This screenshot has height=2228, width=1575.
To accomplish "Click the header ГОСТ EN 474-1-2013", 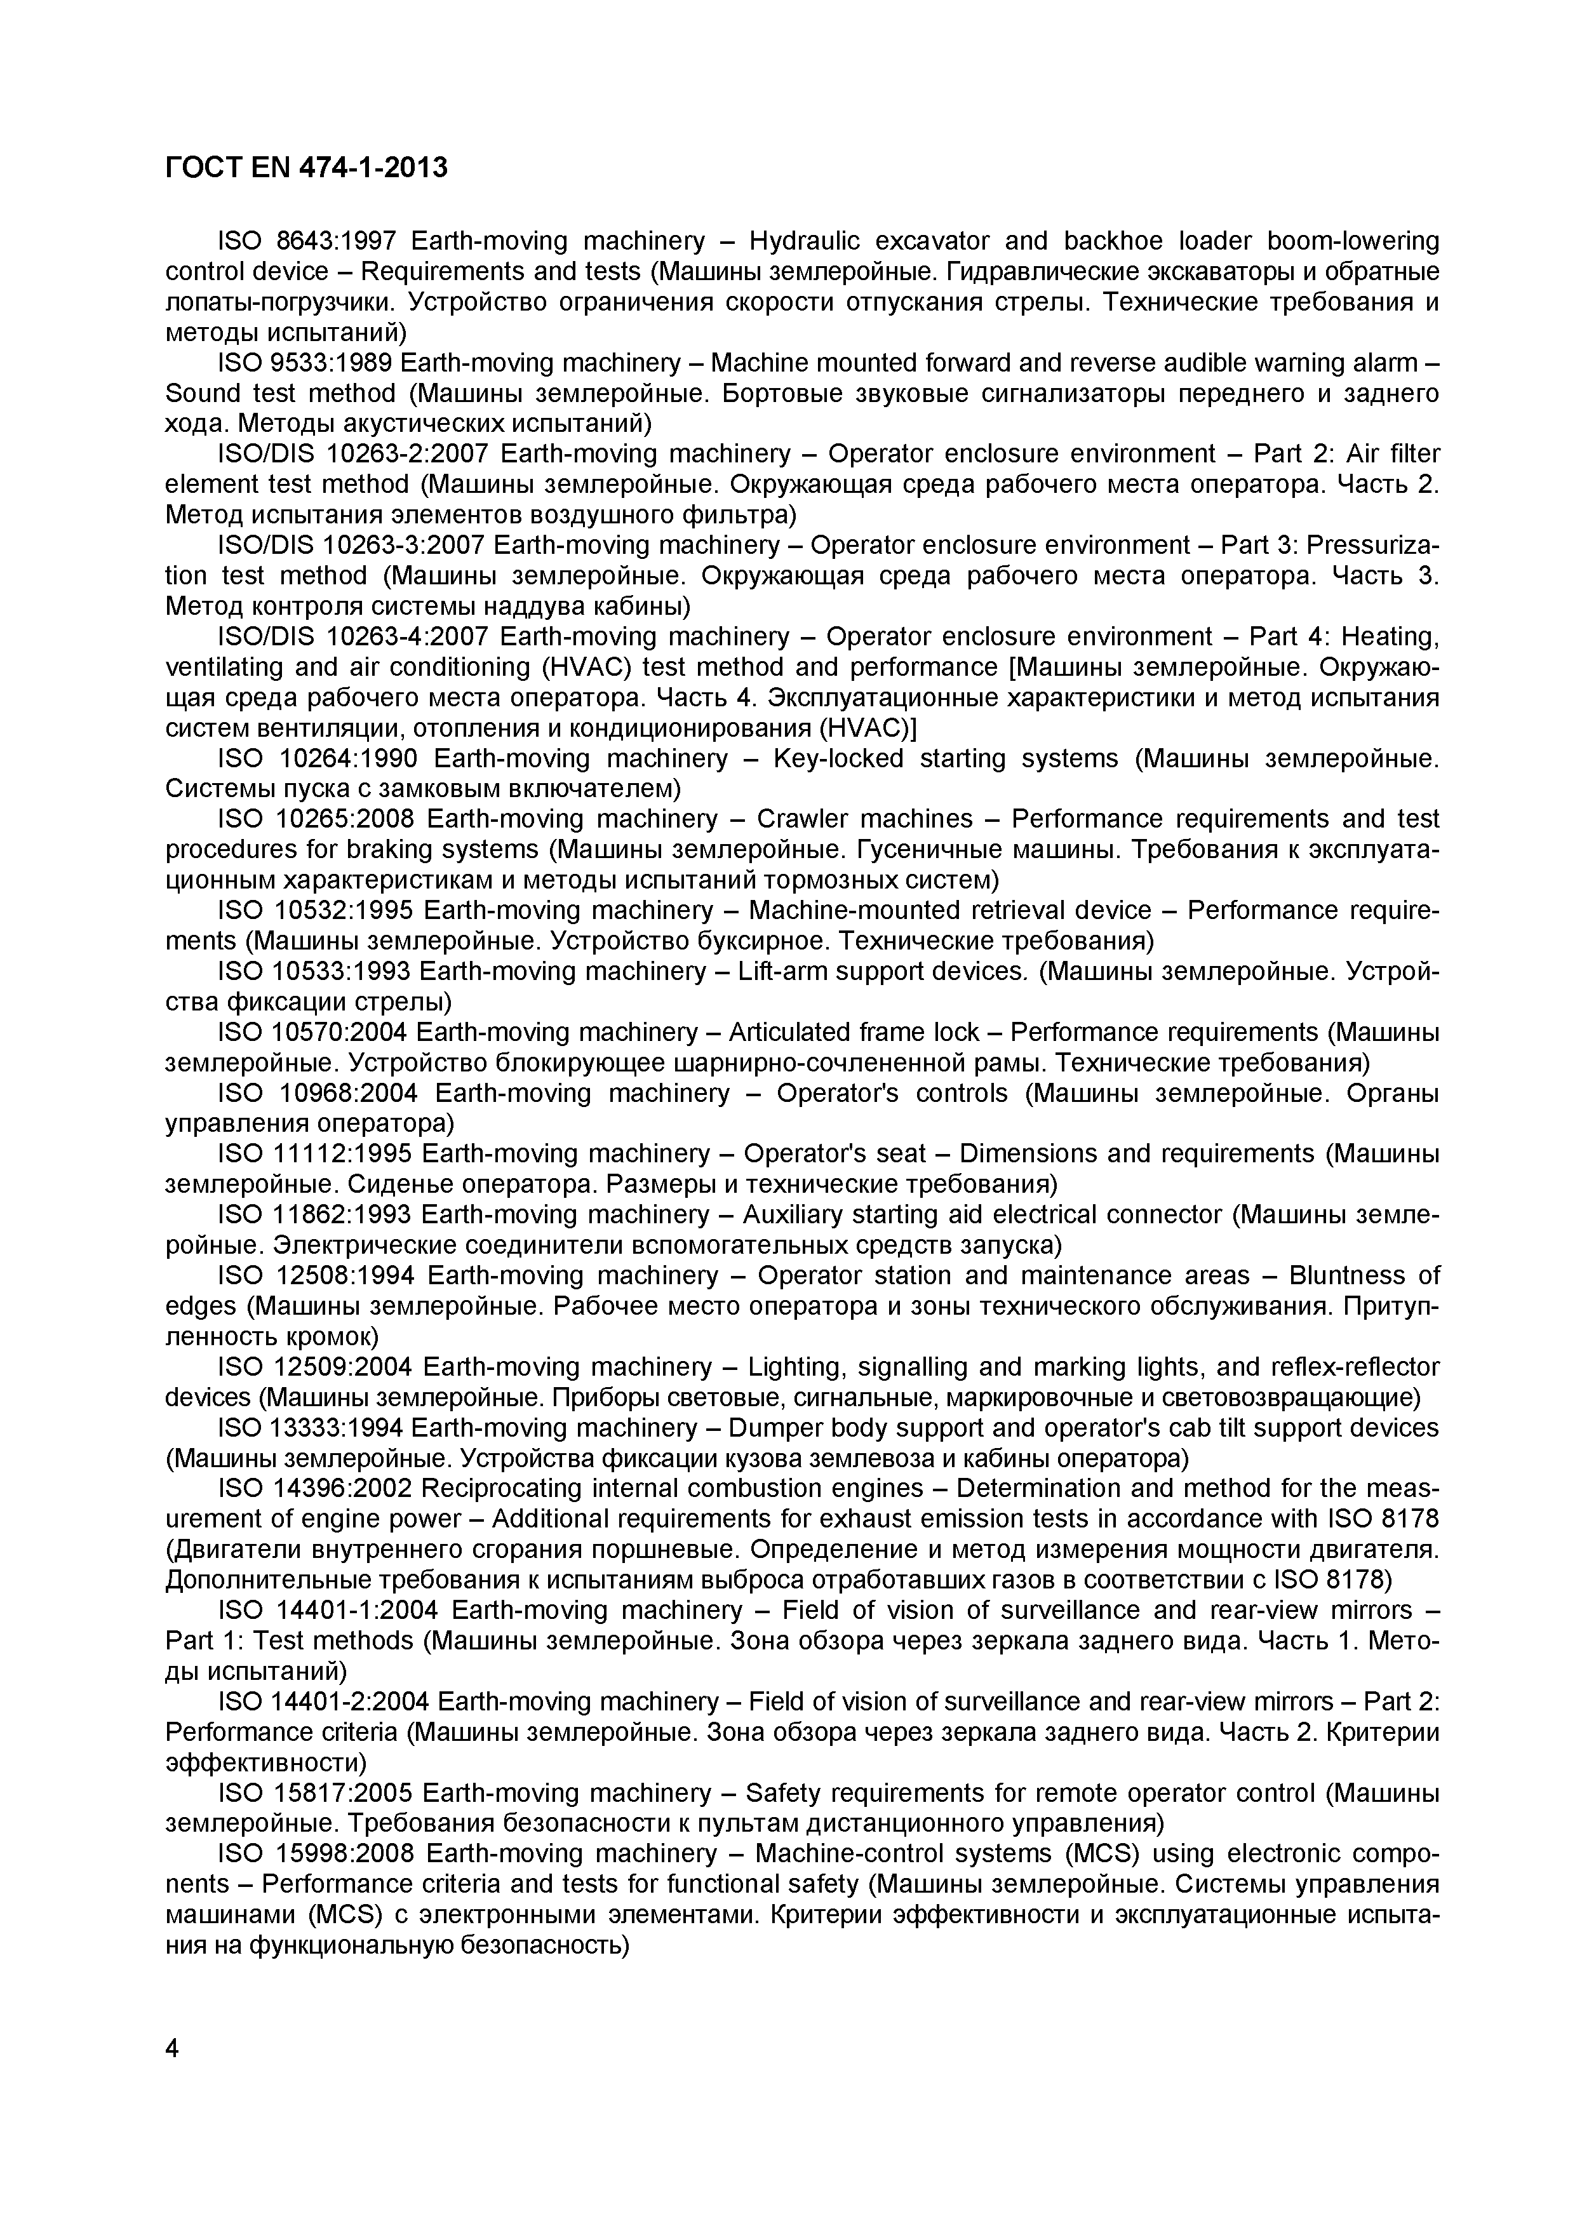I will point(307,168).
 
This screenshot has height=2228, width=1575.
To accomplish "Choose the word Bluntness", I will point(1364,1275).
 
